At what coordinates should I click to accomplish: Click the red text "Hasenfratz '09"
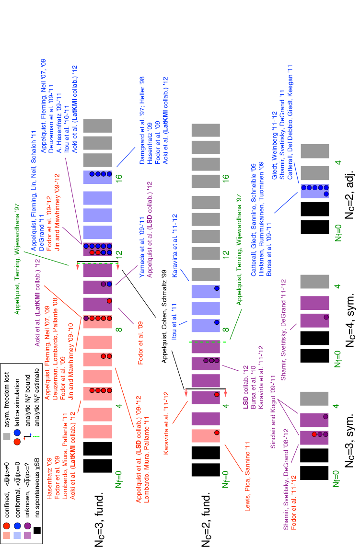[x=49, y=479]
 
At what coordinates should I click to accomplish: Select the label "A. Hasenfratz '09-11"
[x=59, y=123]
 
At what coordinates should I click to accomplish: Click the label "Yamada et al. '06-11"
[x=142, y=247]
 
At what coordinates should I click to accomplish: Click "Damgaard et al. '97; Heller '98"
[x=142, y=120]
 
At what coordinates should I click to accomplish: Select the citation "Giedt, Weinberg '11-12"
[x=275, y=146]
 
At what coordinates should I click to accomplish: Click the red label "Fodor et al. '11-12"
[x=294, y=502]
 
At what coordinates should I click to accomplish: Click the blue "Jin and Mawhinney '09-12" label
[x=57, y=212]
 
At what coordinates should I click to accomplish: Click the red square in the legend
[x=7, y=535]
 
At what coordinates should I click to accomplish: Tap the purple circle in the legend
[x=28, y=525]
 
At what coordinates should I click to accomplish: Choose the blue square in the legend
[x=17, y=535]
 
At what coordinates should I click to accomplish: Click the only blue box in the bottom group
[x=315, y=191]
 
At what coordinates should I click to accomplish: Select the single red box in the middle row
[x=206, y=435]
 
